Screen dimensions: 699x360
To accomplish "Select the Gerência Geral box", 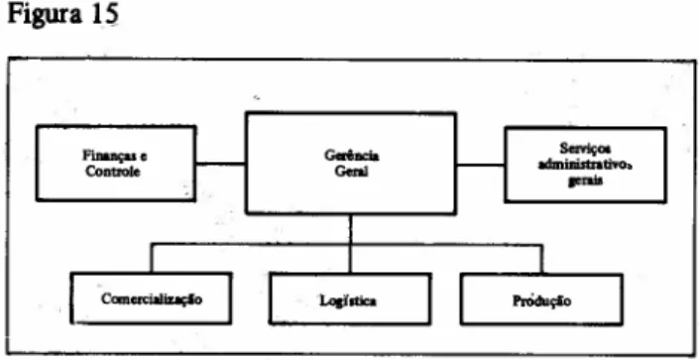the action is point(351,164).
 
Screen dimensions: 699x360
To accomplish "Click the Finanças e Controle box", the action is point(116,164).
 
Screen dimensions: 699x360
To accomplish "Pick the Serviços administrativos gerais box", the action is point(585,165).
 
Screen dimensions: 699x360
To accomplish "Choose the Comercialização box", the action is point(151,298).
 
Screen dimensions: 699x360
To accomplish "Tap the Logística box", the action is point(350,299).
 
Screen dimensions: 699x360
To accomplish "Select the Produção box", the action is point(541,300).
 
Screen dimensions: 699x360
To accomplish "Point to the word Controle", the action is point(113,172).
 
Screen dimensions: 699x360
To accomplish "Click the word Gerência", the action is point(352,156).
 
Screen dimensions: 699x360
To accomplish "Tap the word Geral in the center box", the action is point(351,172).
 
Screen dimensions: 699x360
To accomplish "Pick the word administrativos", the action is point(586,165).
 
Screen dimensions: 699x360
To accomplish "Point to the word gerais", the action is point(585,180).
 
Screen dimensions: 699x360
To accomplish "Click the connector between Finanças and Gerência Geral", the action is point(221,164).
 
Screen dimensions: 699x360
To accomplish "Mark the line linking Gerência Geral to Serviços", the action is point(481,165).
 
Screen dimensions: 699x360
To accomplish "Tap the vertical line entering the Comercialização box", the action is point(151,258).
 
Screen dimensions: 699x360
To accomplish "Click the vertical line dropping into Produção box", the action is point(541,259).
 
